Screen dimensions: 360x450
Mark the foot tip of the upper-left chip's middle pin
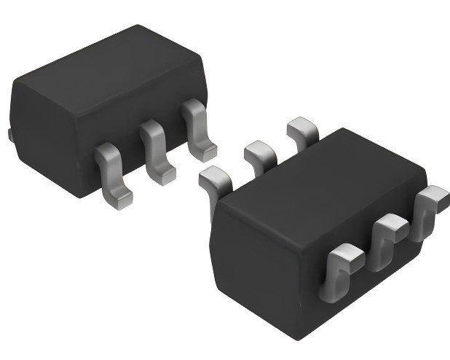coord(162,175)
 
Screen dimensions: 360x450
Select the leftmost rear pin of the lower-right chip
coord(213,182)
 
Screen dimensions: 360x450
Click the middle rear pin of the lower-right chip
coord(258,153)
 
